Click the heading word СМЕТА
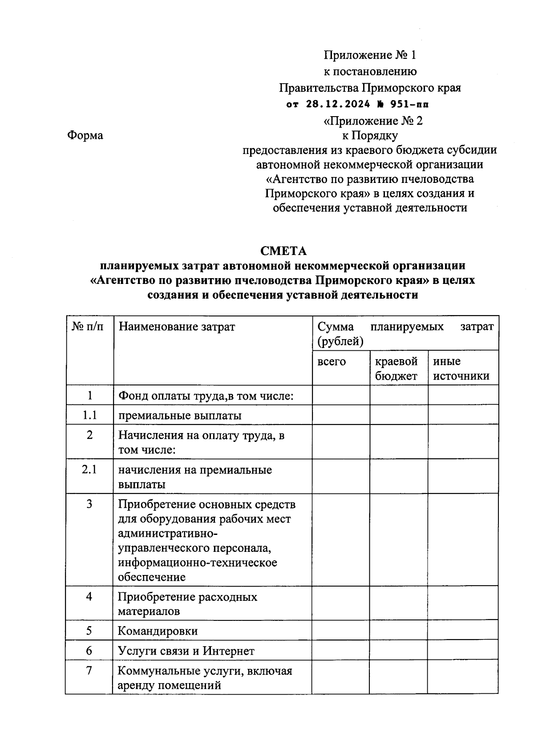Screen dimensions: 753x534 click(x=283, y=251)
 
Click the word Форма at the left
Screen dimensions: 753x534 click(x=85, y=135)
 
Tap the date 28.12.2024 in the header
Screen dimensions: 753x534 click(x=338, y=105)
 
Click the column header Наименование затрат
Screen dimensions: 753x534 click(x=177, y=327)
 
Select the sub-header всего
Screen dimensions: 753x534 click(x=332, y=361)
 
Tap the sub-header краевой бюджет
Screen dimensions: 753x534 click(x=396, y=368)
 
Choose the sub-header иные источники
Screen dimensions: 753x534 click(x=461, y=368)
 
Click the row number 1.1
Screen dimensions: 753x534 click(x=89, y=415)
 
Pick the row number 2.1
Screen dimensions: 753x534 click(x=89, y=470)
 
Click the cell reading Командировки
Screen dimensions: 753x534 click(x=158, y=631)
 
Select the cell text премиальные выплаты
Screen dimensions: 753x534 click(x=180, y=416)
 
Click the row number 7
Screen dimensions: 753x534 click(x=89, y=670)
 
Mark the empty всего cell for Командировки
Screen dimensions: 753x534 click(x=340, y=631)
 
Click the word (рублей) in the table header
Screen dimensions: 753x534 click(x=340, y=341)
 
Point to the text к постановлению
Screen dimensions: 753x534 click(x=370, y=71)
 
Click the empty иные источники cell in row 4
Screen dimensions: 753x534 click(x=463, y=603)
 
